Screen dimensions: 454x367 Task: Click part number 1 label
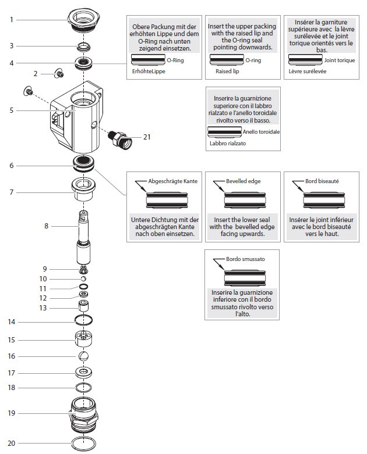tap(11, 20)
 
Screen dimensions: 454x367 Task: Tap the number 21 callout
tap(147, 137)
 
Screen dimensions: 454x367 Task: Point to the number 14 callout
tap(11, 321)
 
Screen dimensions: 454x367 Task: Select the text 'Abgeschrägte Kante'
tap(173, 181)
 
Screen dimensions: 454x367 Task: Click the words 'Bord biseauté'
tap(322, 181)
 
